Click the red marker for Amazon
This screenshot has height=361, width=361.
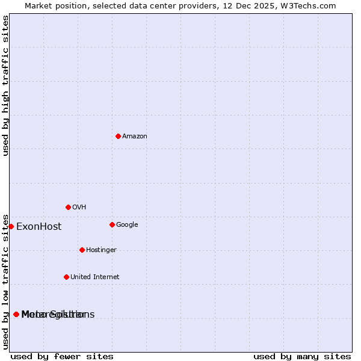point(118,137)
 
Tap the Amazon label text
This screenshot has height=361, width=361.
point(135,137)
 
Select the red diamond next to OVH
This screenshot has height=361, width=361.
point(68,208)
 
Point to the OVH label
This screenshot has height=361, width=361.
point(79,208)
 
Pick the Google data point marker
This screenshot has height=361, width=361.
point(112,225)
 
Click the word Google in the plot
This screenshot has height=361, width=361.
point(127,225)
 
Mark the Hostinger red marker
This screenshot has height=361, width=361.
point(82,250)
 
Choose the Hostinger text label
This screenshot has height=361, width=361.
point(101,250)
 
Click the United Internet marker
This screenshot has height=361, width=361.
point(66,277)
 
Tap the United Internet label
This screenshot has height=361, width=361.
point(94,277)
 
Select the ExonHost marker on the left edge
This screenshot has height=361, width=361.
point(11,227)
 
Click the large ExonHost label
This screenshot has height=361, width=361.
point(39,227)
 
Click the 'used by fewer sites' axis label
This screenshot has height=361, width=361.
point(62,356)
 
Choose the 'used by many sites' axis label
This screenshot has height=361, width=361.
point(302,356)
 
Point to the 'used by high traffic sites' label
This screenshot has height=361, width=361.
point(5,85)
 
